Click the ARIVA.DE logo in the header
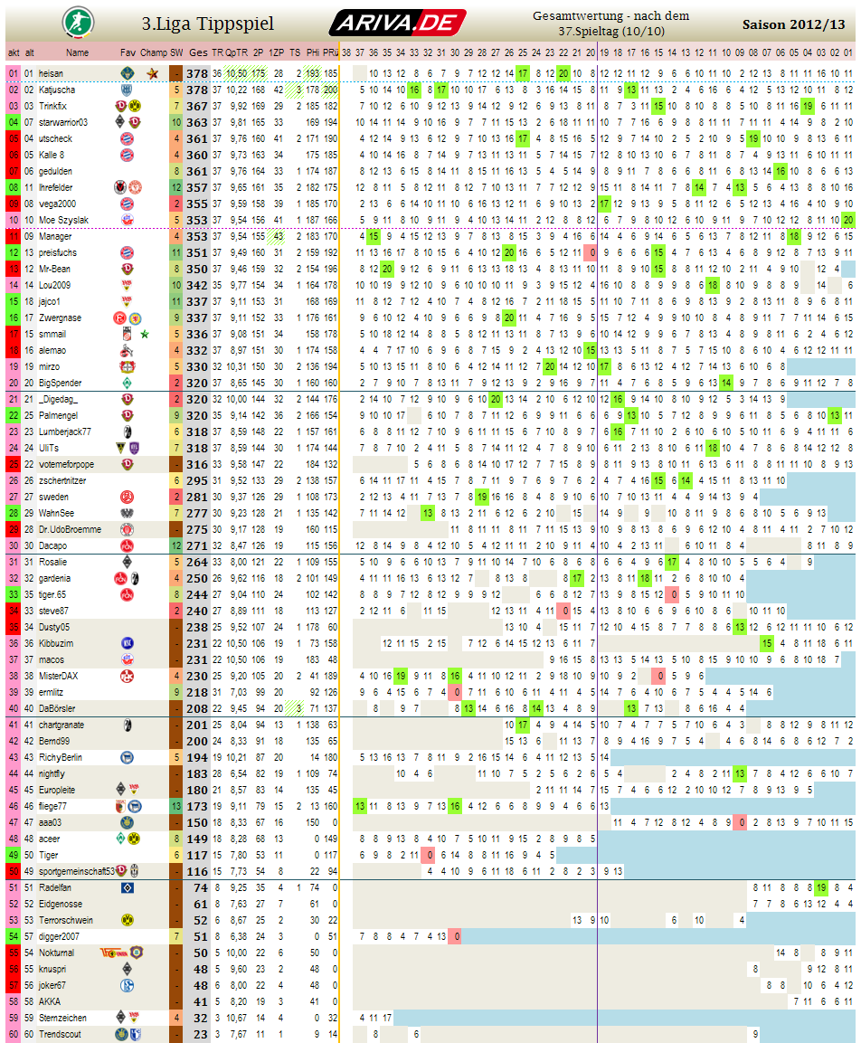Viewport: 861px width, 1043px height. tap(397, 23)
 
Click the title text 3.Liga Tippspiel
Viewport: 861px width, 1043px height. tap(208, 24)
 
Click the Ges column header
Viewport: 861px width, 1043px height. tap(198, 52)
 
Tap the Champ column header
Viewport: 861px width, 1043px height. tap(154, 52)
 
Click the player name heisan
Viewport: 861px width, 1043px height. tap(51, 73)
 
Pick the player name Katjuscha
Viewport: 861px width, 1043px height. tap(57, 90)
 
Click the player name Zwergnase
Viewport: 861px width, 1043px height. tap(60, 318)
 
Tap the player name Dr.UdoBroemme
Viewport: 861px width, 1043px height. tap(67, 529)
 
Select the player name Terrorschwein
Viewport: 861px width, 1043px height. tap(66, 920)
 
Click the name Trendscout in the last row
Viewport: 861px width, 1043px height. tap(60, 1034)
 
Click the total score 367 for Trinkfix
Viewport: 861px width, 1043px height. tap(197, 106)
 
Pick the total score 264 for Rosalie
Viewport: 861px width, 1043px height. tap(197, 562)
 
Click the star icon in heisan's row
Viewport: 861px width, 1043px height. tap(153, 73)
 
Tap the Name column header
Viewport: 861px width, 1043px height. tap(78, 52)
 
